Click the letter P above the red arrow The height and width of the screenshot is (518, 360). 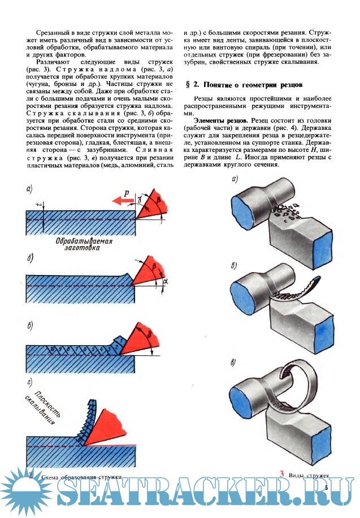[127, 193]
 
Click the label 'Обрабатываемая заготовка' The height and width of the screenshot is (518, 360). [85, 244]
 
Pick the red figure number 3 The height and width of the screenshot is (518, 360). [281, 474]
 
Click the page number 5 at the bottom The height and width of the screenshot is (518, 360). [327, 487]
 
